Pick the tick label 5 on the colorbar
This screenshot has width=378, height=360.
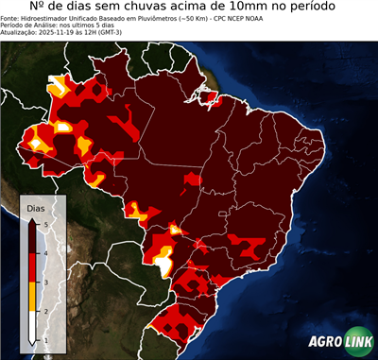coord(45,222)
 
